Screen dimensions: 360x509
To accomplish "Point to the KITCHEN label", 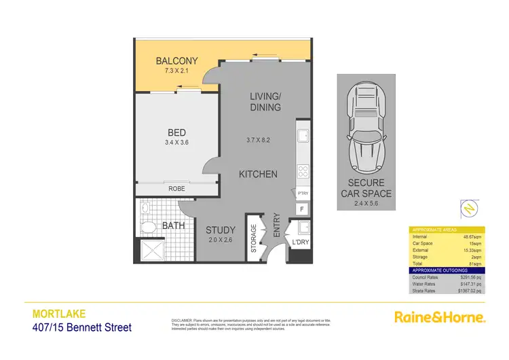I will click(x=258, y=175).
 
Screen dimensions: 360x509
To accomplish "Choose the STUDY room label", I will click(x=221, y=230).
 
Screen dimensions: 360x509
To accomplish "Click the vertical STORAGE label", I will click(x=254, y=238).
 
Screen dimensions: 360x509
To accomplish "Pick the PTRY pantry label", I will click(x=303, y=194).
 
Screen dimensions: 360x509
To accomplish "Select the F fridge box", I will click(x=301, y=209).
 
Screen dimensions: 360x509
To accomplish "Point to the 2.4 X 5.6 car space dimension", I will click(x=366, y=202).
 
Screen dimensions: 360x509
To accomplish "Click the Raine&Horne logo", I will click(x=440, y=317).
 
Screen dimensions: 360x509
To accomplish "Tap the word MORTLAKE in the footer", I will click(x=58, y=314).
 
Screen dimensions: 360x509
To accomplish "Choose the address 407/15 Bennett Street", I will click(x=82, y=328).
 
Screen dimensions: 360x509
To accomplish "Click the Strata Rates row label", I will click(x=426, y=290).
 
